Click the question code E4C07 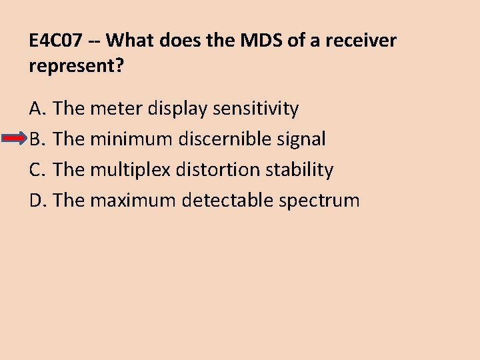[57, 41]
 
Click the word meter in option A [112, 108]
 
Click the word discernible [223, 139]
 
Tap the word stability [299, 169]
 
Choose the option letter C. [36, 169]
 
